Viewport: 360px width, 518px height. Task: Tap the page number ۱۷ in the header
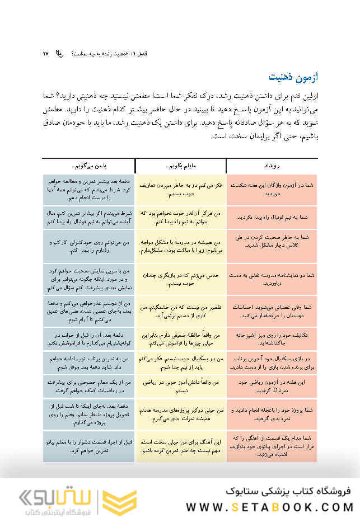[46, 53]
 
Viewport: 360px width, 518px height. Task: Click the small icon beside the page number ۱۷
[60, 54]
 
